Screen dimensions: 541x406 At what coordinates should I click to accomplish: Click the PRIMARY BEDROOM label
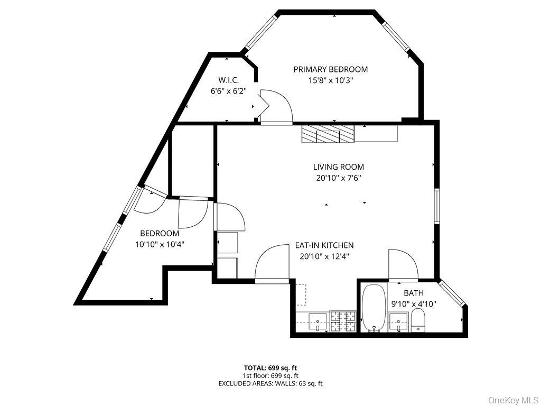coord(331,69)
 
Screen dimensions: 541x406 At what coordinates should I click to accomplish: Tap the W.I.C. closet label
coord(228,80)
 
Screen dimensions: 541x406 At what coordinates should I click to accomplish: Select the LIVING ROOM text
coord(339,167)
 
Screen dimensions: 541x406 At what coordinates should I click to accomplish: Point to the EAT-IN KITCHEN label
coord(324,245)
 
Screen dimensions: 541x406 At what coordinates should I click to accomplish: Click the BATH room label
coord(414,293)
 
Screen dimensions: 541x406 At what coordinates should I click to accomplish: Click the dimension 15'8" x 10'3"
coord(331,81)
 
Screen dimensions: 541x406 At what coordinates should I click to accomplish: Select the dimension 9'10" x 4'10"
coord(414,304)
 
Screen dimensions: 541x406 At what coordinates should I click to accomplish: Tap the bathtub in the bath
coord(374,308)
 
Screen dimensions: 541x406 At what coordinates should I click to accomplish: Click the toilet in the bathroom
coord(418,320)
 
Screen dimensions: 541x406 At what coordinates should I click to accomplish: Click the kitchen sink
coord(318,322)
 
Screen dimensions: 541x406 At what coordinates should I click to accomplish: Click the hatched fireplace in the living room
coord(328,134)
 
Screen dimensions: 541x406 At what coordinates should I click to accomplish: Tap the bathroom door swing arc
coord(404,264)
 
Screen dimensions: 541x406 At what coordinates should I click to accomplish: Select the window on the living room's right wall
coord(437,206)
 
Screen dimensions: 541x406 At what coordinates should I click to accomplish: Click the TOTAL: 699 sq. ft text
coord(270,368)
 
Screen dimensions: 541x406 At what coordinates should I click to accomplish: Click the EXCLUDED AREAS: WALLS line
coord(270,384)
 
